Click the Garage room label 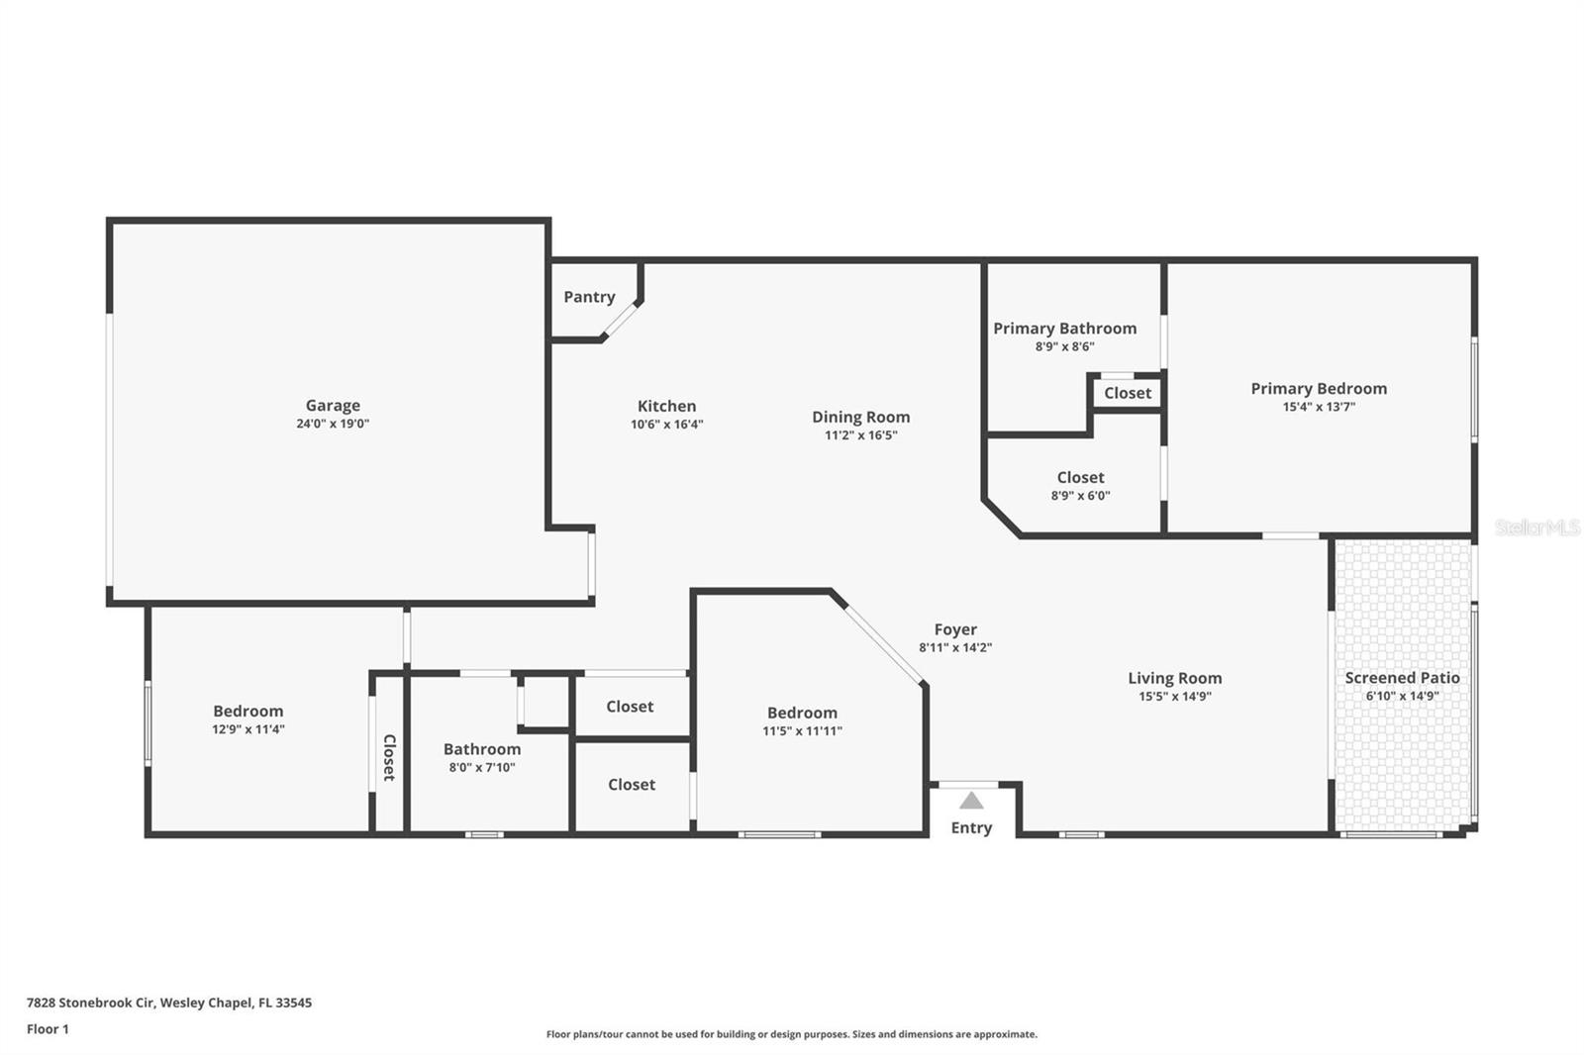pyautogui.click(x=333, y=405)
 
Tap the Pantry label pyautogui.click(x=589, y=297)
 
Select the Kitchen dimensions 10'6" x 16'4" pyautogui.click(x=666, y=425)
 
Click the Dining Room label pyautogui.click(x=860, y=417)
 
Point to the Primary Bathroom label pyautogui.click(x=1064, y=329)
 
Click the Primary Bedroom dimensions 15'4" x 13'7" pyautogui.click(x=1319, y=407)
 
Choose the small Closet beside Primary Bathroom pyautogui.click(x=1128, y=393)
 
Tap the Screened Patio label pyautogui.click(x=1402, y=678)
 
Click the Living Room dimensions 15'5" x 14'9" pyautogui.click(x=1174, y=697)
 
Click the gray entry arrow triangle pyautogui.click(x=971, y=801)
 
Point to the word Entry pyautogui.click(x=971, y=828)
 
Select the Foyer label pyautogui.click(x=955, y=629)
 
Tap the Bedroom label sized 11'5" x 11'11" pyautogui.click(x=802, y=713)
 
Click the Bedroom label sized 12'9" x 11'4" pyautogui.click(x=247, y=711)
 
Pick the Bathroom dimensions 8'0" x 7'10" pyautogui.click(x=482, y=767)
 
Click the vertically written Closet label pyautogui.click(x=389, y=757)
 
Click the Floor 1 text pyautogui.click(x=48, y=1029)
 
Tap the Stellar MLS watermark pyautogui.click(x=1536, y=527)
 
